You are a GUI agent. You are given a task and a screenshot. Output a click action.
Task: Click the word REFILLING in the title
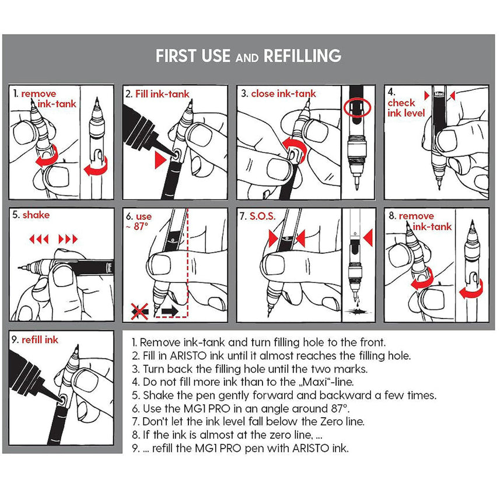(x=302, y=56)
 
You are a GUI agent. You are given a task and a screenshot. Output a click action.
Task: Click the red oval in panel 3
(x=358, y=107)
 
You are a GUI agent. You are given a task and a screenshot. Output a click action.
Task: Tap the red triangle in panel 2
(x=160, y=160)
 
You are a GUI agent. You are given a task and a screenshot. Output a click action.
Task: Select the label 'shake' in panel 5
(x=36, y=215)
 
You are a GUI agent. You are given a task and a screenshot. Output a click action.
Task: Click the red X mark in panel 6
(x=139, y=311)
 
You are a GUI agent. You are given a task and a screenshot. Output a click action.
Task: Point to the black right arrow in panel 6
(x=170, y=310)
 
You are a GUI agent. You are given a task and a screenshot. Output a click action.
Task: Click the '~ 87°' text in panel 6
(x=138, y=227)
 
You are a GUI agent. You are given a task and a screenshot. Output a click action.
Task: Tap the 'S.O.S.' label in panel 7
(x=262, y=216)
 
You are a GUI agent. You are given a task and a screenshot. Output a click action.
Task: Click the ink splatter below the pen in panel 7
(x=358, y=310)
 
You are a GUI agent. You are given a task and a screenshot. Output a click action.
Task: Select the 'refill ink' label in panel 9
(x=40, y=340)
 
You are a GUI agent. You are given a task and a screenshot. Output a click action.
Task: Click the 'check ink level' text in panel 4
(x=406, y=108)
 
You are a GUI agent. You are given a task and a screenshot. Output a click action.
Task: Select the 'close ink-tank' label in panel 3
(x=283, y=94)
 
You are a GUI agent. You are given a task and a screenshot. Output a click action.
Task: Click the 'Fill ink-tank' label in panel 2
(x=162, y=94)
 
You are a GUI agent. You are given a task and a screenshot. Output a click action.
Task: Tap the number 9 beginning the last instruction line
(x=135, y=448)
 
